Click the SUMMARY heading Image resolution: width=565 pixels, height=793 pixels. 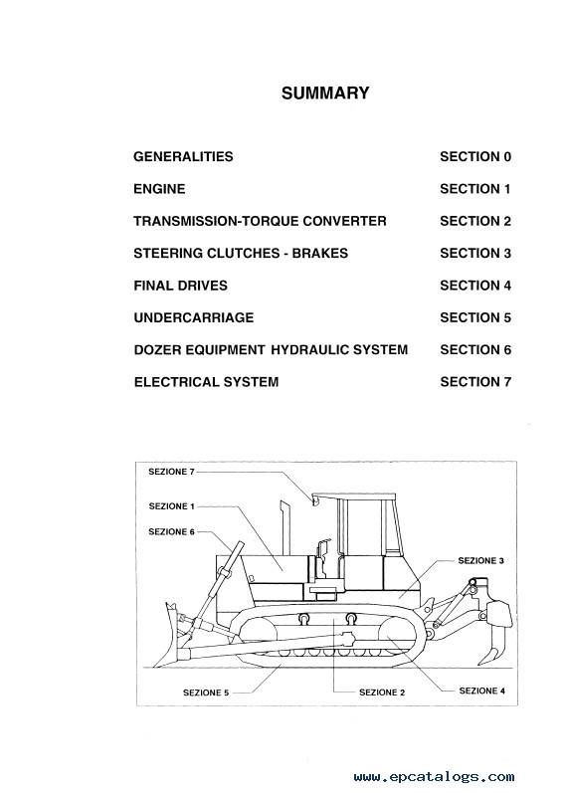325,94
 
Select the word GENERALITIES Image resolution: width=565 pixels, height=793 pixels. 183,157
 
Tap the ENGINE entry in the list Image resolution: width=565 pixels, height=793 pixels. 159,189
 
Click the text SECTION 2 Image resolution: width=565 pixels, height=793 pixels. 475,221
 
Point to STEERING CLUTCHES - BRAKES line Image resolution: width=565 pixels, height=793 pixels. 241,254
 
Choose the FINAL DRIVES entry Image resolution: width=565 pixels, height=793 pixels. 181,286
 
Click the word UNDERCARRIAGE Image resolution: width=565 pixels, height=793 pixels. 194,317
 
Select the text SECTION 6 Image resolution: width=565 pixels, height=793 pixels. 475,350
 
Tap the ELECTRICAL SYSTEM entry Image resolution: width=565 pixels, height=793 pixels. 206,382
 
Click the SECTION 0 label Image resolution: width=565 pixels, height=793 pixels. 475,157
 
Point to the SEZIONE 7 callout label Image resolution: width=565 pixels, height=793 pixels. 171,472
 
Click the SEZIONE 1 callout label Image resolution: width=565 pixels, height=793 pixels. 171,506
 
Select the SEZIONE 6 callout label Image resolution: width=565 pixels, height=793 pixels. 171,532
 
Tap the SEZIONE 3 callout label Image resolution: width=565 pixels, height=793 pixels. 481,561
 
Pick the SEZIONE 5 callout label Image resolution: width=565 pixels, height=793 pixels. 206,693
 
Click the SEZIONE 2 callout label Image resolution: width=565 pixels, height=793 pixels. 382,693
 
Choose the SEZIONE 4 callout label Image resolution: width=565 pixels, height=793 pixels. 482,691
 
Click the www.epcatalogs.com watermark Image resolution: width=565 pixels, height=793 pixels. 434,777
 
